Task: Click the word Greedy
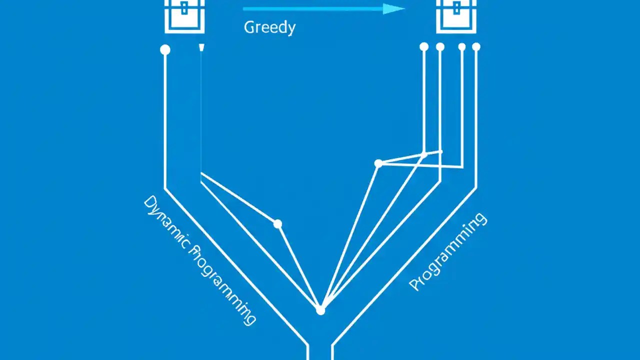click(269, 27)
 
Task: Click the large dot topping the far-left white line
click(165, 49)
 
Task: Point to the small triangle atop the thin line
click(201, 47)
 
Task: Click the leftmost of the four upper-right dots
click(424, 46)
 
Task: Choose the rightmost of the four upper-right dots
click(476, 47)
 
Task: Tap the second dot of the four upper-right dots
click(440, 47)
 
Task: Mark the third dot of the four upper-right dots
click(462, 47)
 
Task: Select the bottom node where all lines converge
click(320, 310)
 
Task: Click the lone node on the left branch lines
click(277, 224)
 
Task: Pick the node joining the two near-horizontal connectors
click(378, 163)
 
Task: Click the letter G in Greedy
click(249, 27)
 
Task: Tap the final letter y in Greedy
click(291, 29)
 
